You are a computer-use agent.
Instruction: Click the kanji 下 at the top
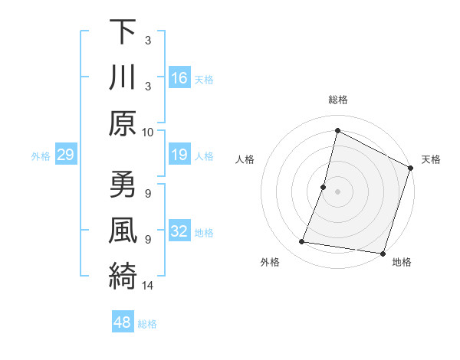tap(123, 32)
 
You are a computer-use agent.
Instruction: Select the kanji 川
tap(123, 78)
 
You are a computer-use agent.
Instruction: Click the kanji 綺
tap(123, 276)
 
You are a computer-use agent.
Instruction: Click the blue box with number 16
tap(179, 78)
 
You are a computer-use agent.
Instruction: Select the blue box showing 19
tap(179, 155)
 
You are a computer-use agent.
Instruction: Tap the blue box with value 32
tap(179, 232)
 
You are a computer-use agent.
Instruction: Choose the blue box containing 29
tap(65, 155)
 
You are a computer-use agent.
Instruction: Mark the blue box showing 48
tap(122, 323)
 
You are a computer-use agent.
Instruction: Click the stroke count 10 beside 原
tap(149, 132)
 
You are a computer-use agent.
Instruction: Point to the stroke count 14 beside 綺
tap(149, 286)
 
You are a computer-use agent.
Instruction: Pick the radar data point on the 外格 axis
tap(302, 242)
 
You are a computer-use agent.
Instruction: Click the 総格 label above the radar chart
tap(338, 100)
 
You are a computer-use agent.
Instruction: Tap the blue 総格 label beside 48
tap(147, 324)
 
